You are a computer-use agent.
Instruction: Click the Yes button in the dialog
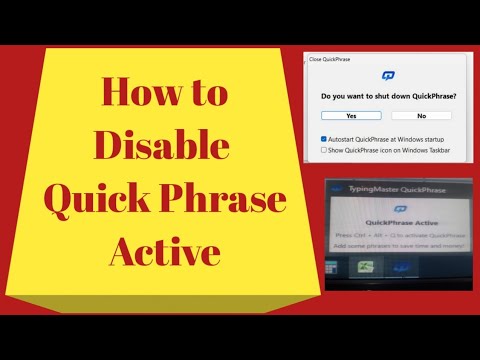pyautogui.click(x=350, y=115)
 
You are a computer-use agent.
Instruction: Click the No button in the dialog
pyautogui.click(x=420, y=115)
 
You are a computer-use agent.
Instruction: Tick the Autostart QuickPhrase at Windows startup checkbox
pyautogui.click(x=323, y=139)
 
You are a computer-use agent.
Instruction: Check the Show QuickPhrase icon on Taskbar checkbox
pyautogui.click(x=323, y=149)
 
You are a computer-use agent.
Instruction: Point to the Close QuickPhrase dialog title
pyautogui.click(x=331, y=59)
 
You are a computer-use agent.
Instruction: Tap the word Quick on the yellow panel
pyautogui.click(x=98, y=197)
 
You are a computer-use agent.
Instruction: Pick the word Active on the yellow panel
pyautogui.click(x=164, y=249)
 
